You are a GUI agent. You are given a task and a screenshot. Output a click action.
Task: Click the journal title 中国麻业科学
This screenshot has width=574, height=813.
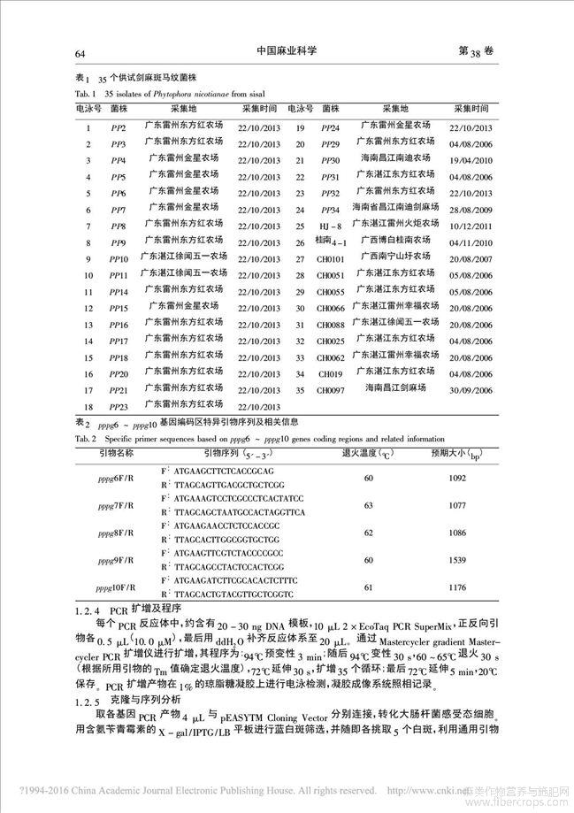(x=288, y=52)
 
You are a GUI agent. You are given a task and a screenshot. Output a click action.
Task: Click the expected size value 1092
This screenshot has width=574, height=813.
(x=465, y=479)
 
